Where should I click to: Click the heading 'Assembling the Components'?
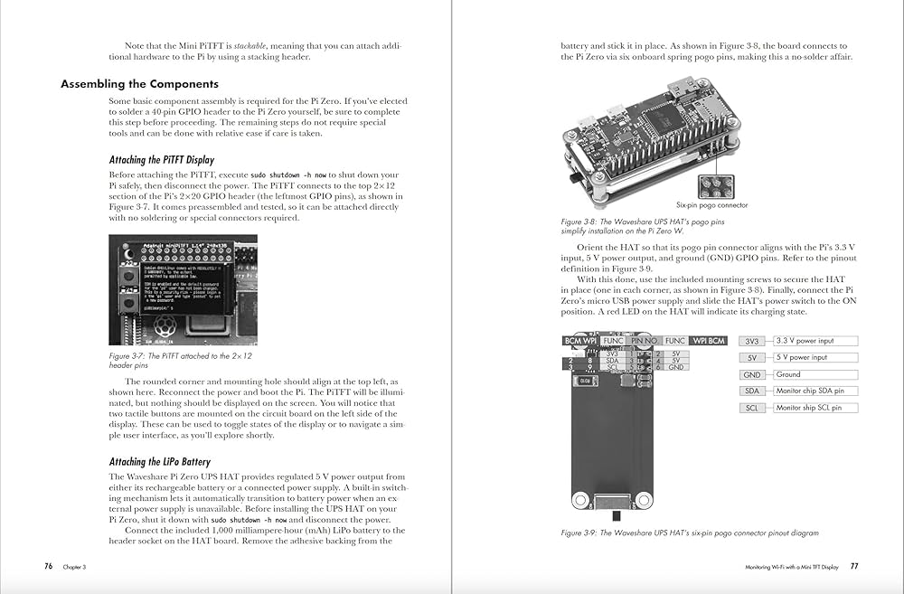pos(139,84)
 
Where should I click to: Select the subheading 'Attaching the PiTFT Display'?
pos(162,160)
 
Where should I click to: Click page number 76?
pos(48,566)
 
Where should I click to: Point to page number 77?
pos(853,567)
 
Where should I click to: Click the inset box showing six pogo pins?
pos(713,184)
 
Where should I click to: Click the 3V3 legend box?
pos(752,341)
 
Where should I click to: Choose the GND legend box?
pos(752,374)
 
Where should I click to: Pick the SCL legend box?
pos(752,408)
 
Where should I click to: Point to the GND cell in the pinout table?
pos(676,367)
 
